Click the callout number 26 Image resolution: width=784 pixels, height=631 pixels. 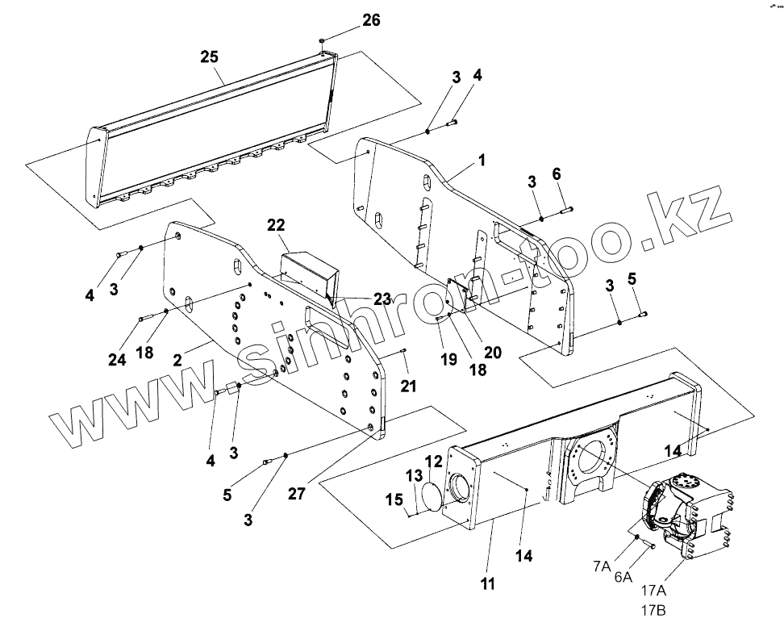click(x=371, y=20)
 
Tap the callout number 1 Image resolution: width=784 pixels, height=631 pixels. click(x=482, y=160)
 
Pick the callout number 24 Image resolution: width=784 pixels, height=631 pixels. click(x=117, y=360)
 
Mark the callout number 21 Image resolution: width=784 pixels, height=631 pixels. click(x=408, y=387)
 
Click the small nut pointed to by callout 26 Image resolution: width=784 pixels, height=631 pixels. click(x=322, y=39)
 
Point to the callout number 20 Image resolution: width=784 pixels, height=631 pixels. click(x=492, y=352)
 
